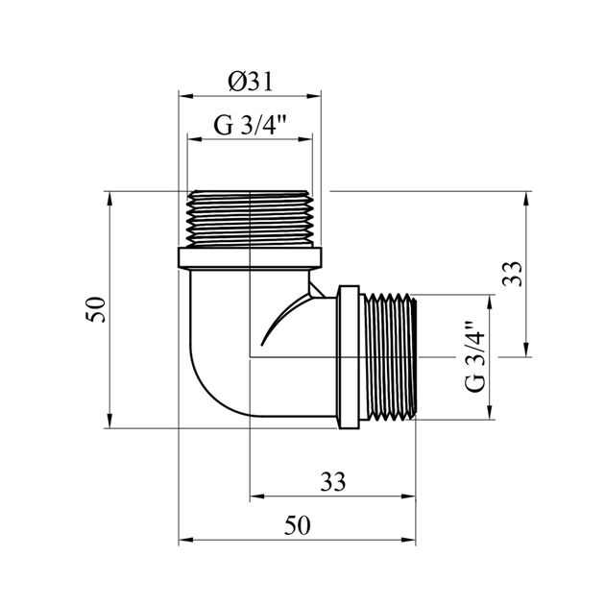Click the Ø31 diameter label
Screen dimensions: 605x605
click(x=252, y=83)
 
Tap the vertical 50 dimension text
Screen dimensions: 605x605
click(x=95, y=310)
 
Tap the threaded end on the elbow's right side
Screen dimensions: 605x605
click(x=389, y=356)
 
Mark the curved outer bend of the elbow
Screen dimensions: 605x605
click(x=206, y=375)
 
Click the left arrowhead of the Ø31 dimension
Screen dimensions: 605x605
click(x=182, y=96)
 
